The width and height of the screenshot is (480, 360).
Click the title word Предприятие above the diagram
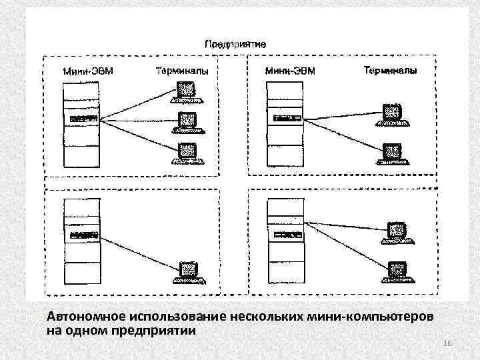pos(235,43)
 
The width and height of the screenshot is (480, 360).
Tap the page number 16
pos(447,343)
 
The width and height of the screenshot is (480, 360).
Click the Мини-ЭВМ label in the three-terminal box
pos(87,71)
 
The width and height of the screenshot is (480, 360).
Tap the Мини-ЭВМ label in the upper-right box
pos(290,71)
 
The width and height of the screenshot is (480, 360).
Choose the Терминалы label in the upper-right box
pos(391,70)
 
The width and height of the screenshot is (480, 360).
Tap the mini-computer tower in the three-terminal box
pos(81,124)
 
